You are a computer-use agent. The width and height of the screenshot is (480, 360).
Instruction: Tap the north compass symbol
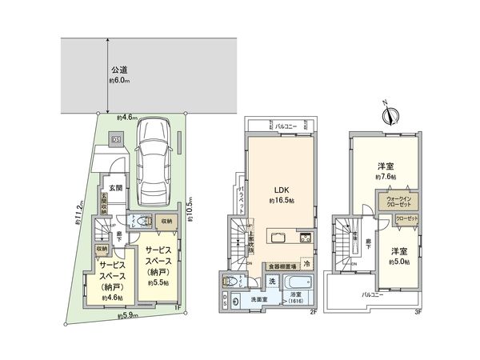(x=390, y=114)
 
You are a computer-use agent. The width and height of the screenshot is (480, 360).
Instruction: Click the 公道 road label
(x=119, y=70)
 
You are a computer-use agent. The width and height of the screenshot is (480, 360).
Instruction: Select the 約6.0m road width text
(x=119, y=81)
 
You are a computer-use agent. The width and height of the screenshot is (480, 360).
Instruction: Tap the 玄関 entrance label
(x=114, y=189)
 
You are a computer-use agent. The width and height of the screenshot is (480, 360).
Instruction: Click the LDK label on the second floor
(x=281, y=190)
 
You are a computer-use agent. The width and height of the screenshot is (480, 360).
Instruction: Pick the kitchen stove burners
(x=306, y=238)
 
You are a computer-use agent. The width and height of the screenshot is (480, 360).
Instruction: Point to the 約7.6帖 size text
(x=387, y=178)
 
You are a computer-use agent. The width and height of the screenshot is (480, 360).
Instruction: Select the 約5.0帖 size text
(x=399, y=262)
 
